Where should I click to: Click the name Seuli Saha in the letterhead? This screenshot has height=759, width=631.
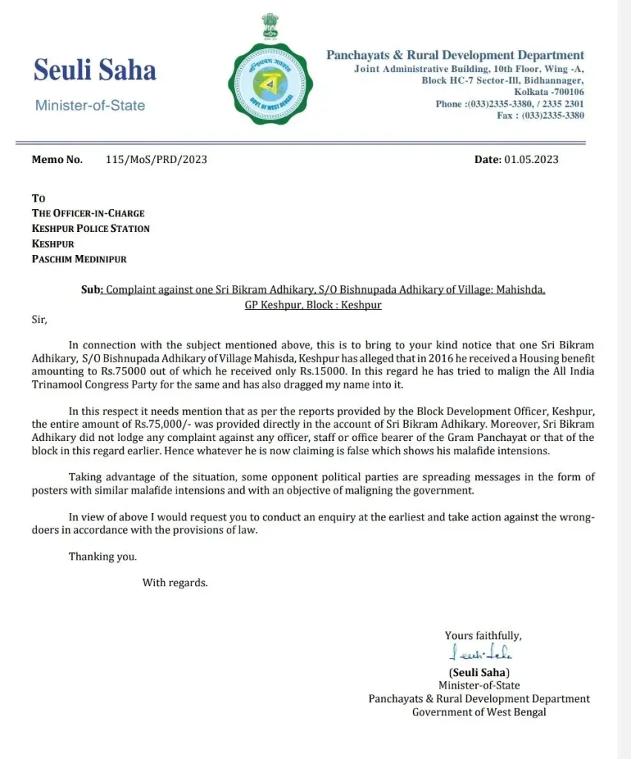(95, 70)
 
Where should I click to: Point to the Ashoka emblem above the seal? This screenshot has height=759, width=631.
(269, 27)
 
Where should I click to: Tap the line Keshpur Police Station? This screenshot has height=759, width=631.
(90, 228)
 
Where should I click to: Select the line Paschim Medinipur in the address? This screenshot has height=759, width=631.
(79, 259)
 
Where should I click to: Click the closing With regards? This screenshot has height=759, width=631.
(175, 583)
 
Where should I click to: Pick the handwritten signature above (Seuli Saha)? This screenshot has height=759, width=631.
(480, 653)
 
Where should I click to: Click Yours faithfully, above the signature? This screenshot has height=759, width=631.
(483, 635)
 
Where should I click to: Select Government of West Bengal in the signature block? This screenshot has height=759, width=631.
(479, 712)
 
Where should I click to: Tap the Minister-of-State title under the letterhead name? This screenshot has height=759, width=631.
(90, 105)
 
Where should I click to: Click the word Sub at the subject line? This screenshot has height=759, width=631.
(90, 290)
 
